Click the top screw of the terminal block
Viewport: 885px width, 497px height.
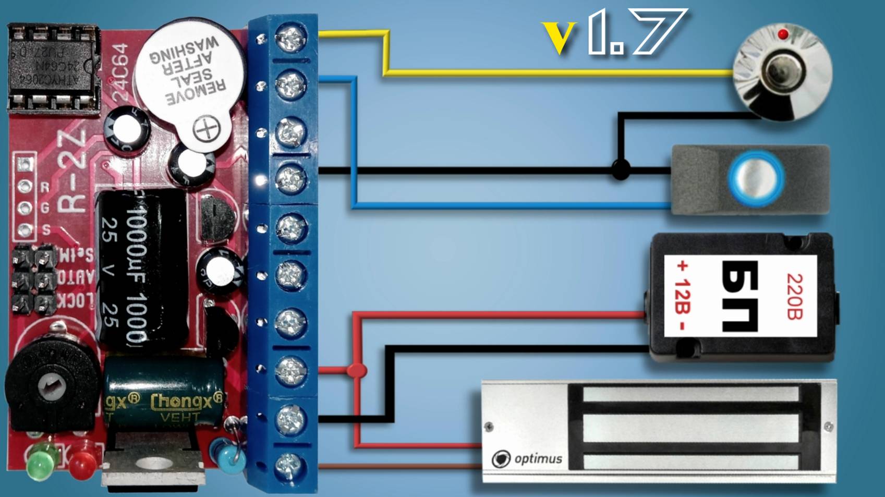290,38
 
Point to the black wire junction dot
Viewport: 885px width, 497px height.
621,170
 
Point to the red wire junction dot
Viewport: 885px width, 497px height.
357,370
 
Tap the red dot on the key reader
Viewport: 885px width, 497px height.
782,34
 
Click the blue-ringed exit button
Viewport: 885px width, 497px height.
756,178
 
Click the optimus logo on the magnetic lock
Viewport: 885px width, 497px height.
527,459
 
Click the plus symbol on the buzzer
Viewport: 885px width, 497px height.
207,128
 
